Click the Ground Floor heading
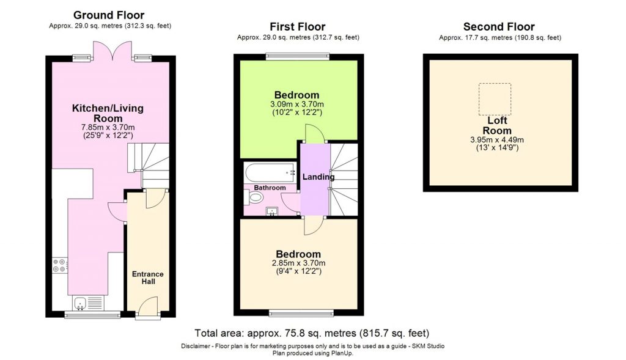109,15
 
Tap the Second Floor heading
499,27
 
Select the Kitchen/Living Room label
108,113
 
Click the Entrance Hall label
148,277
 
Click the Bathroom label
270,188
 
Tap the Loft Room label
498,125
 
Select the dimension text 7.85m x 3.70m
108,127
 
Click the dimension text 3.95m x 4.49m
498,139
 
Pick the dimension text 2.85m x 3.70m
298,263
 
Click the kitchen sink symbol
87,302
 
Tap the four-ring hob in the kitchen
60,265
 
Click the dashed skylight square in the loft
493,99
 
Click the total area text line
312,333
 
